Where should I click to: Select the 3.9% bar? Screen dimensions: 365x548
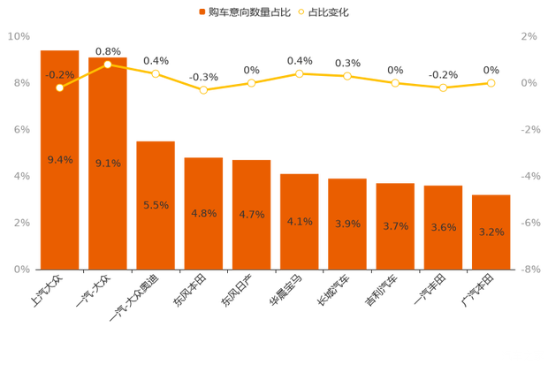click(346, 224)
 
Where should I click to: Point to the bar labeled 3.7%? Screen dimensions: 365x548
click(395, 227)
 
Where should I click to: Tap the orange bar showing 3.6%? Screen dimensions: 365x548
click(443, 228)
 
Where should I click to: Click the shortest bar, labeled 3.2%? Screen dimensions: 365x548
click(491, 232)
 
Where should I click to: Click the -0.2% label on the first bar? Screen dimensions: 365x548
click(59, 75)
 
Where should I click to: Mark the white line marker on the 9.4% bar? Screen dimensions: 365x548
click(59, 87)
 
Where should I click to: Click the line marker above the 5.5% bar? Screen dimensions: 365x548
click(156, 74)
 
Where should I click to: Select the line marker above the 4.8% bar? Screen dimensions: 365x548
click(203, 90)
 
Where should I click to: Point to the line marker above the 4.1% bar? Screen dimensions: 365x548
click(299, 73)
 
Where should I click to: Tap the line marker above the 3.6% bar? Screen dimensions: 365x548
click(443, 88)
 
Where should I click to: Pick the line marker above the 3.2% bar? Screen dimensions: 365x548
click(491, 83)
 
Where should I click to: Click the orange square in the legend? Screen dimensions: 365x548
click(202, 12)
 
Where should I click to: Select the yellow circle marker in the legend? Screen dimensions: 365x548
click(301, 12)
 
